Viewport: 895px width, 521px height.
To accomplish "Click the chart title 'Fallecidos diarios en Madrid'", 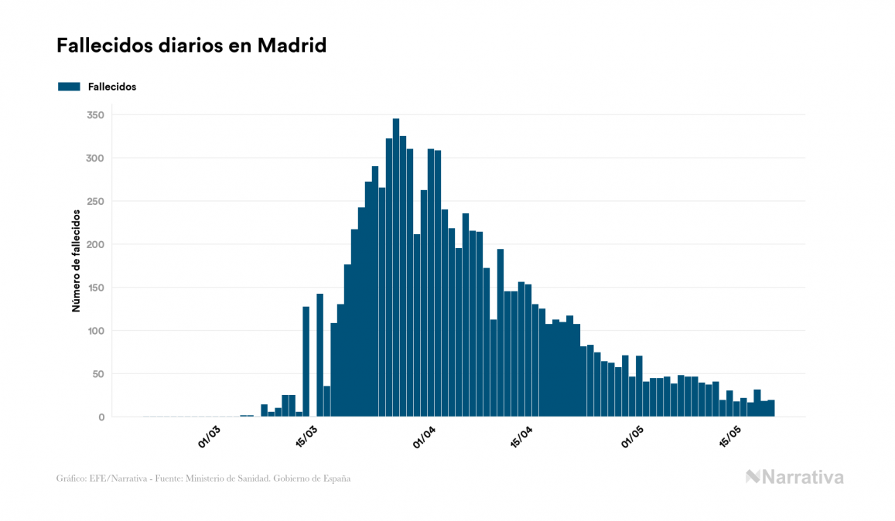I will tap(191, 46).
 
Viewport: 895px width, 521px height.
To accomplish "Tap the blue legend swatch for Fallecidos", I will tap(69, 87).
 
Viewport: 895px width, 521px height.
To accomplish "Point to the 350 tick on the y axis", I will tap(96, 115).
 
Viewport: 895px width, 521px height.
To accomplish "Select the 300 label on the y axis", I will tap(96, 158).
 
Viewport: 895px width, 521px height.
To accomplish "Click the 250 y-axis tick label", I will tap(96, 202).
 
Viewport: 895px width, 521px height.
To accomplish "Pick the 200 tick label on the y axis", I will tap(96, 245).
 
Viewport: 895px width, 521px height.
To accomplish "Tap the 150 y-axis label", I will tap(96, 288).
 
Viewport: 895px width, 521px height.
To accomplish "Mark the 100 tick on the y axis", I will tap(96, 331).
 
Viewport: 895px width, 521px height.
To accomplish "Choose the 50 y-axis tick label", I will tap(98, 374).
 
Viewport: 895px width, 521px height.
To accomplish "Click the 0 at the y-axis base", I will tap(101, 417).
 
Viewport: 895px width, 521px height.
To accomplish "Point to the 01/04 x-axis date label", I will tap(425, 437).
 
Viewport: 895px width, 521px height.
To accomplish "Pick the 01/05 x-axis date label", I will tap(633, 437).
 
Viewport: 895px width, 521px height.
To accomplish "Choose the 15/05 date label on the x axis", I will tap(731, 437).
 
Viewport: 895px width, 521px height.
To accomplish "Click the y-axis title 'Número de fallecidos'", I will tap(77, 260).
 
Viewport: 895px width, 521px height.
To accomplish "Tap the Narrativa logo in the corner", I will tap(794, 477).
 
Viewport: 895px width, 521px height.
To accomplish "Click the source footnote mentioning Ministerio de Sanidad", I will tap(203, 478).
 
